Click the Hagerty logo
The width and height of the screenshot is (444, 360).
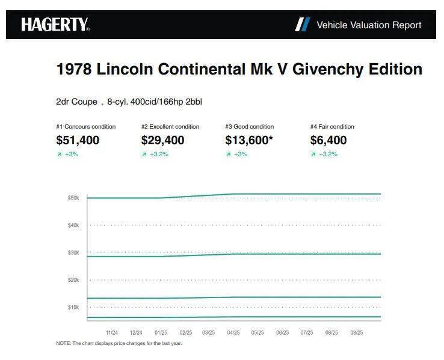tap(55, 25)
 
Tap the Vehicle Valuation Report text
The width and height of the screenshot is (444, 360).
tap(369, 25)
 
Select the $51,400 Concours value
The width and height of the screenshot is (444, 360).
tap(78, 141)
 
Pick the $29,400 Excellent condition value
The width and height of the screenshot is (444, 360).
tap(162, 141)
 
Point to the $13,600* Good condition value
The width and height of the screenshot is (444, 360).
tap(248, 141)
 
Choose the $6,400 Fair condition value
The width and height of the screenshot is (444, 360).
tap(328, 141)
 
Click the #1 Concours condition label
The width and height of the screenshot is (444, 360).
tap(85, 127)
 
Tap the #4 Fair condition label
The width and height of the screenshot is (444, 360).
tap(332, 127)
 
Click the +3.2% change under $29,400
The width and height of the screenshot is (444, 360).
tap(158, 154)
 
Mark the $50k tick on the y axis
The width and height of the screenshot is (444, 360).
tap(73, 198)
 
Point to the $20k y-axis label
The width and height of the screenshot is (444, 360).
tap(73, 280)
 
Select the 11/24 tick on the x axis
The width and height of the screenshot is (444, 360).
tap(111, 332)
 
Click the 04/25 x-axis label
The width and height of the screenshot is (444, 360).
tap(233, 332)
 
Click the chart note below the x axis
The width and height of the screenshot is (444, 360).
tap(119, 344)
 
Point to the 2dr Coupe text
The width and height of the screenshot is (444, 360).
tap(76, 102)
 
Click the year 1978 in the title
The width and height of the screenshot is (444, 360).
tap(74, 69)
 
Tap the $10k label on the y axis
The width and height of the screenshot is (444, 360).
tap(73, 307)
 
